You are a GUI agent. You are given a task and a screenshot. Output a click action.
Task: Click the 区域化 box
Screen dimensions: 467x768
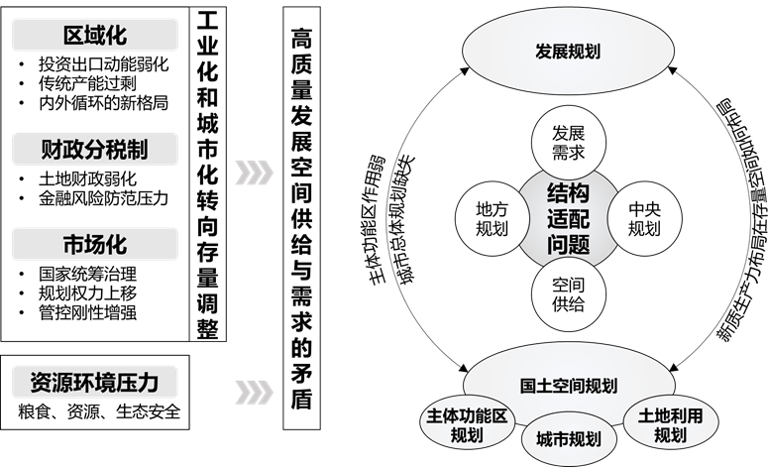(x=95, y=37)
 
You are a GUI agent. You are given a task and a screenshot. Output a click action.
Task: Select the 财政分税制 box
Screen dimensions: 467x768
(x=95, y=150)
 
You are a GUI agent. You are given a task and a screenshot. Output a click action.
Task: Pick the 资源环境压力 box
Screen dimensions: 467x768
(x=95, y=381)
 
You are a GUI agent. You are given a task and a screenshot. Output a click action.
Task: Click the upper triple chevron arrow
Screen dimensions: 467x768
(x=254, y=172)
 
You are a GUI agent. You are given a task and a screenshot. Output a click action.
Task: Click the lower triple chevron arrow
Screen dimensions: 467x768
(x=254, y=388)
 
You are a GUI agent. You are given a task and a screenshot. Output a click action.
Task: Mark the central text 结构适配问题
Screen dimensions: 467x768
(x=568, y=218)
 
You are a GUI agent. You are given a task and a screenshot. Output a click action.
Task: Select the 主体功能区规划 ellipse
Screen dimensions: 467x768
(x=466, y=425)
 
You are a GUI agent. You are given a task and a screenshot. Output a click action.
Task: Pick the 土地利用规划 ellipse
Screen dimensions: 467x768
(x=670, y=425)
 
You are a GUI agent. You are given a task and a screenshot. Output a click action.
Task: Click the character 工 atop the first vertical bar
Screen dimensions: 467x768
(x=207, y=22)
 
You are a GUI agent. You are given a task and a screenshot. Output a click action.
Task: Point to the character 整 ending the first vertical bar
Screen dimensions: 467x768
(x=207, y=328)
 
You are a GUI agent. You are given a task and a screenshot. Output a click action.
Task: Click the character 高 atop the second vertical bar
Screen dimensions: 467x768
(x=302, y=38)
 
